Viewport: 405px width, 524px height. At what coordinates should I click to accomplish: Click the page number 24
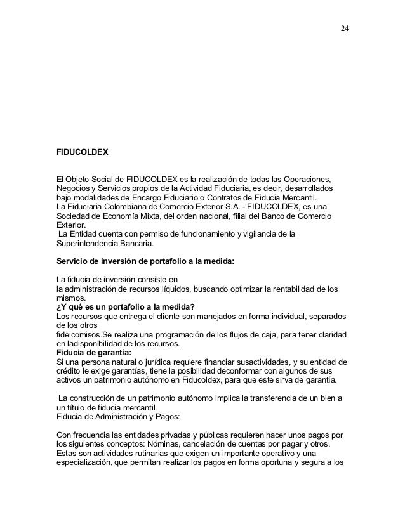click(344, 29)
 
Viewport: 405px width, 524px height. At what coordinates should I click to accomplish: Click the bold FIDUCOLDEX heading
click(83, 153)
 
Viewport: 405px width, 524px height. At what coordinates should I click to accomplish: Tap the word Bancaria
click(142, 242)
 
